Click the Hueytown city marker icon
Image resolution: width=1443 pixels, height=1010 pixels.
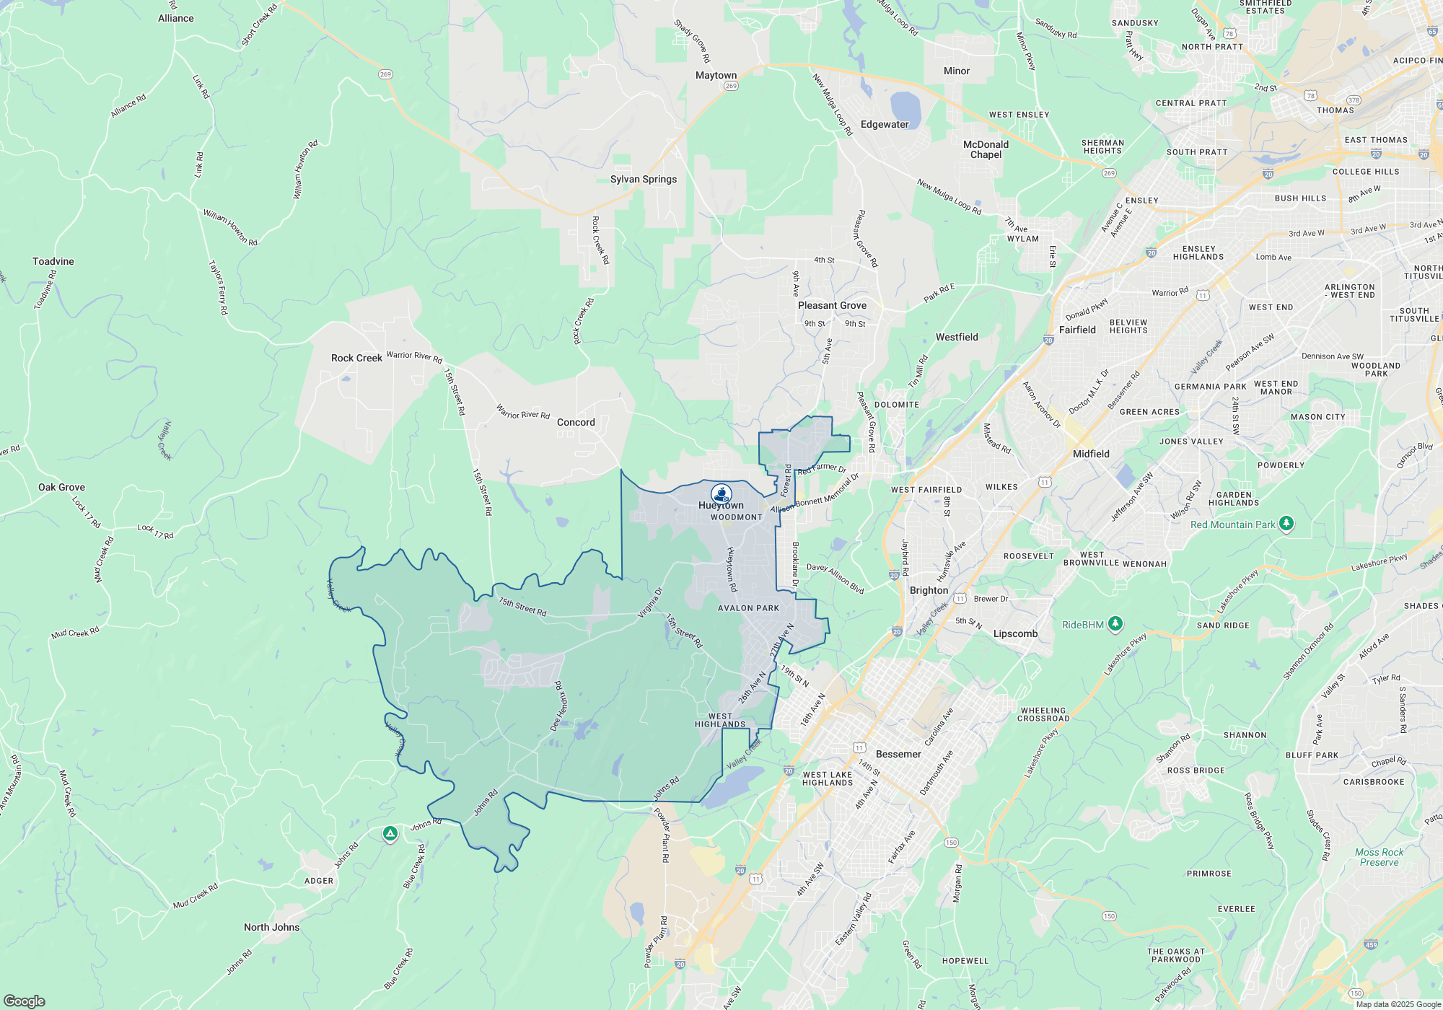(721, 493)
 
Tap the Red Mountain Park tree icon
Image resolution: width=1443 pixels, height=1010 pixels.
(1286, 524)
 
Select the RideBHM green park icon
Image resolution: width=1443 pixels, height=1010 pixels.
(1115, 624)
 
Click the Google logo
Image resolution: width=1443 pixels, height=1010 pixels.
(25, 1001)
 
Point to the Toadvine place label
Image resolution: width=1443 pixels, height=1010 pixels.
(53, 261)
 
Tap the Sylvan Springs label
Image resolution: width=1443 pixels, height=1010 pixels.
(644, 179)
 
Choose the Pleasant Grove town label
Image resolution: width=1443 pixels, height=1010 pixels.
(832, 305)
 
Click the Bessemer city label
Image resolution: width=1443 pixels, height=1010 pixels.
(898, 754)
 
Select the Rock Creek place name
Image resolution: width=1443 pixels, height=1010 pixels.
(356, 358)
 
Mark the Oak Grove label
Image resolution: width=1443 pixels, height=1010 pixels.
(61, 487)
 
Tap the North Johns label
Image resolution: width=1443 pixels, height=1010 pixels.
(271, 927)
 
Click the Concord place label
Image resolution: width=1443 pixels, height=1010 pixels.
(576, 422)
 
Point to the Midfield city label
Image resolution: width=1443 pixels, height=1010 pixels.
(1091, 454)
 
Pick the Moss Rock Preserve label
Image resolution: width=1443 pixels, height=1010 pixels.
(1379, 857)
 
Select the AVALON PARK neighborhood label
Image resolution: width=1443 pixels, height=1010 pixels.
(748, 608)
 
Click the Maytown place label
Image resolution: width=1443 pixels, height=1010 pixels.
(716, 75)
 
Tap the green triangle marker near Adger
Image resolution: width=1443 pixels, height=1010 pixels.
(390, 834)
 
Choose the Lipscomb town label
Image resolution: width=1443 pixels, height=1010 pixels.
(1015, 633)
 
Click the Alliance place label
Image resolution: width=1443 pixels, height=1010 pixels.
(175, 18)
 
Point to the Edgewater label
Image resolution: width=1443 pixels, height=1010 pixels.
(885, 124)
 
